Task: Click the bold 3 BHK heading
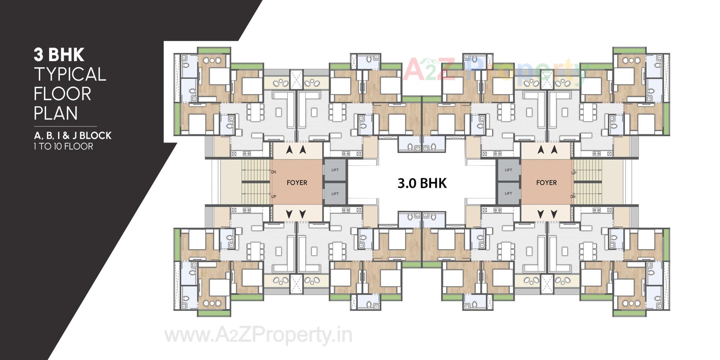click(x=59, y=55)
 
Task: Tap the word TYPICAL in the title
click(x=70, y=75)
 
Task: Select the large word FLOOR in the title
click(x=62, y=94)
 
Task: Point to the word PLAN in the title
click(x=56, y=113)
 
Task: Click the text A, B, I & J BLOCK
click(x=72, y=135)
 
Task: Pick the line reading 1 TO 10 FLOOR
click(x=63, y=146)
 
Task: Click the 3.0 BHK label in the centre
click(x=422, y=183)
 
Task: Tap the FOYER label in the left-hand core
click(x=297, y=183)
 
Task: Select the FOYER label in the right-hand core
click(x=546, y=183)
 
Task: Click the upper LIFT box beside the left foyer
click(x=335, y=170)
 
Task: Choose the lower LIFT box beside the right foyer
click(x=508, y=193)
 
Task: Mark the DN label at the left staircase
click(x=273, y=172)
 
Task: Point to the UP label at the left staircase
click(x=273, y=196)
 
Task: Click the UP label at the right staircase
click(x=574, y=173)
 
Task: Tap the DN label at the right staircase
click(x=573, y=196)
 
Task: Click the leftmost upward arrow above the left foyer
click(x=289, y=150)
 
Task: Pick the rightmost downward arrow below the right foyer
click(x=553, y=214)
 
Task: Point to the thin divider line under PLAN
click(x=65, y=126)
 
